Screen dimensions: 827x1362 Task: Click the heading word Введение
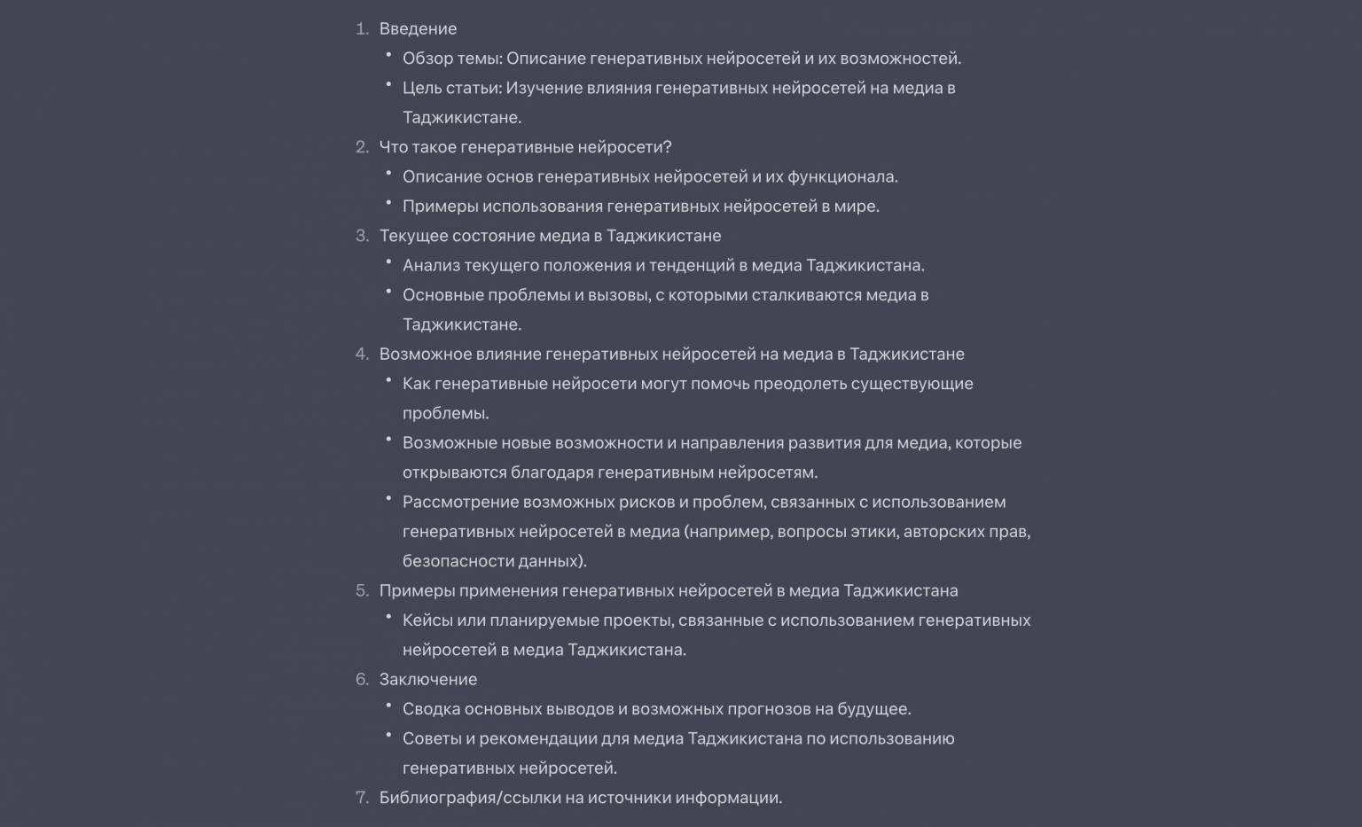[x=418, y=28]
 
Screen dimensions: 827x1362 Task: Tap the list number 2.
[x=362, y=147]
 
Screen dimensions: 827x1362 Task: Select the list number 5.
[x=362, y=590]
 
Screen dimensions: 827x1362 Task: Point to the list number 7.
[x=362, y=798]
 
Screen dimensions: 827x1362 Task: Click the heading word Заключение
[x=428, y=679]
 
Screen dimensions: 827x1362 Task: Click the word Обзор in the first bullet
[x=427, y=59]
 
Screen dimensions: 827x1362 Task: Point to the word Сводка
[x=431, y=709]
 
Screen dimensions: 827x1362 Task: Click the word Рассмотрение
[x=460, y=502]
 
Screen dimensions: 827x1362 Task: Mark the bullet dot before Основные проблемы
[x=388, y=291]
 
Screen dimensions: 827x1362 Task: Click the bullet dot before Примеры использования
[x=388, y=202]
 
